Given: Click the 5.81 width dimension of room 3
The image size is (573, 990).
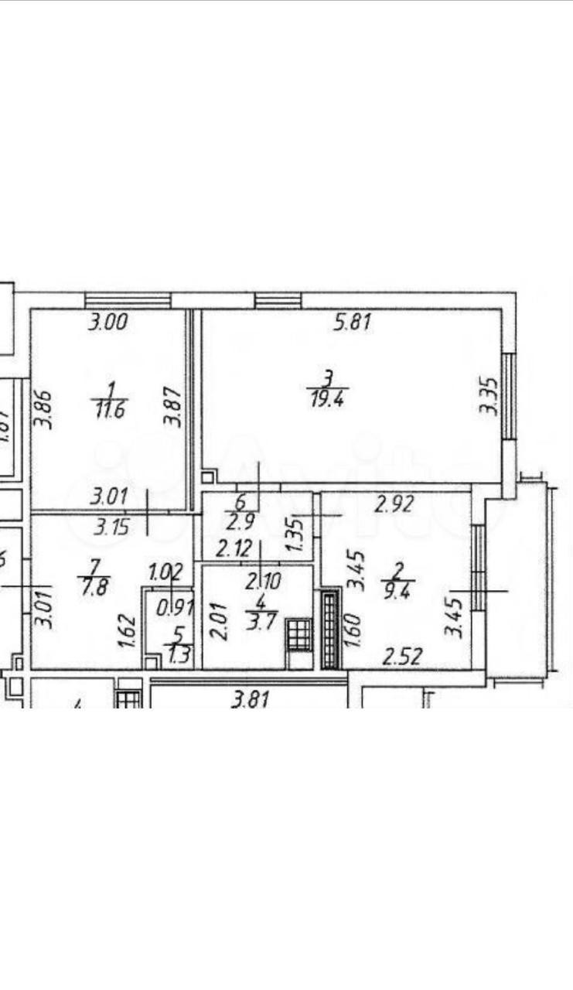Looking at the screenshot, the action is click(x=353, y=323).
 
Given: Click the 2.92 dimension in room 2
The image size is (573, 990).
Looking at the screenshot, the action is click(x=394, y=505).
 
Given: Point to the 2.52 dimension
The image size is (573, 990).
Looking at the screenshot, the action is click(x=404, y=658).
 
